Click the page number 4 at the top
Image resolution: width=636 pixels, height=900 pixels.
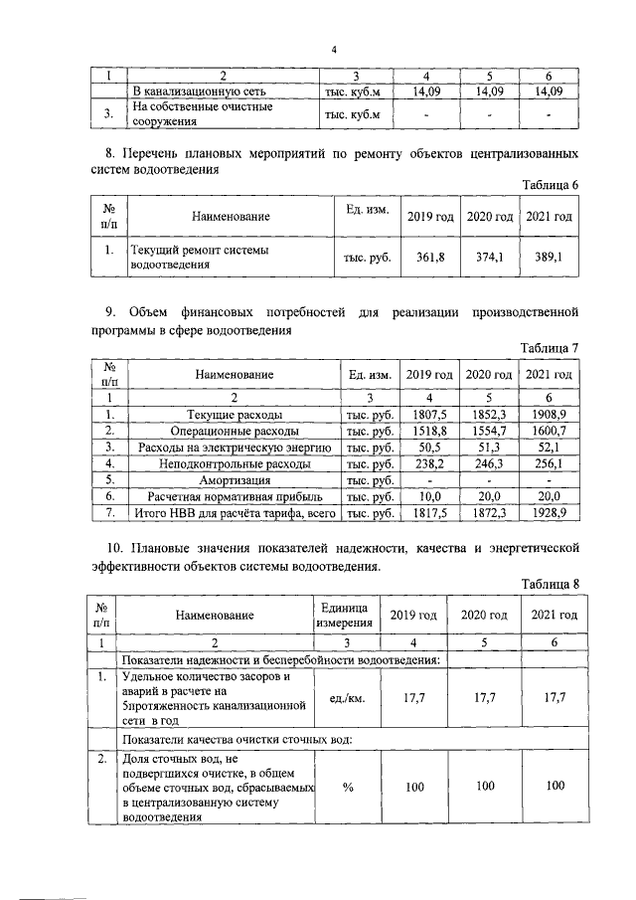coord(335,50)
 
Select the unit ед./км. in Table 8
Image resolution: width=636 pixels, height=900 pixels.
coord(348,699)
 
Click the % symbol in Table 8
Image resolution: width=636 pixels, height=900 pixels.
coord(348,787)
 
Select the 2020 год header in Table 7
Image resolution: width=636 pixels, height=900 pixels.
coord(489,375)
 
